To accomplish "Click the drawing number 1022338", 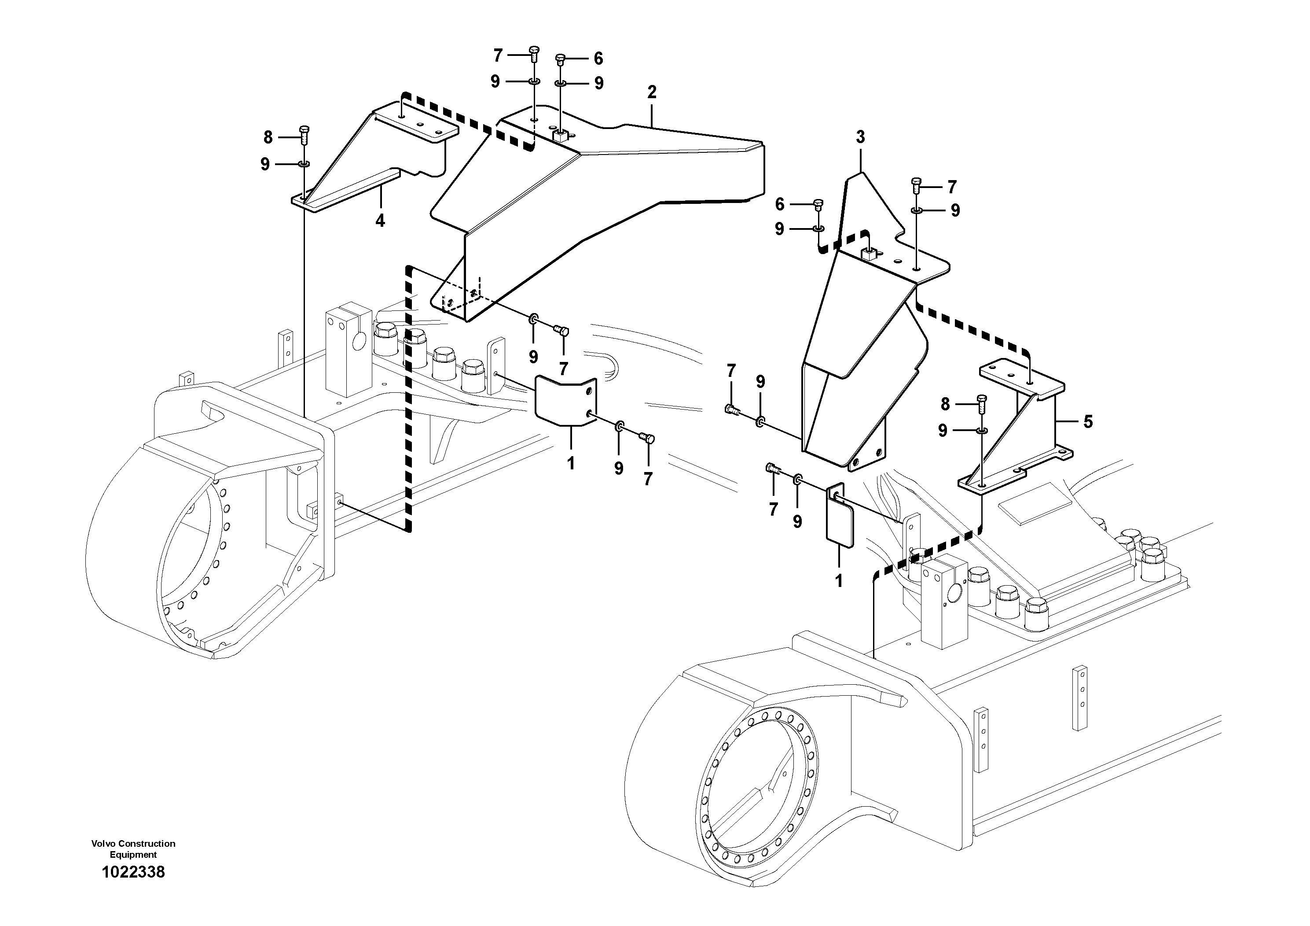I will click(133, 872).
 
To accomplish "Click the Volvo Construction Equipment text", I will click(133, 849).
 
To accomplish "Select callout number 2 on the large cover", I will click(652, 92).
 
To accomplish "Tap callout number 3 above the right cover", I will click(860, 137).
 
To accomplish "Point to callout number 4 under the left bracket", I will click(380, 220).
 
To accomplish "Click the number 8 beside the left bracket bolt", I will click(268, 137).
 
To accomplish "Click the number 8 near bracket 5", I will click(945, 404).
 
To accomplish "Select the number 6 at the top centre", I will click(598, 58).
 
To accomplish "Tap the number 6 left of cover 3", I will click(780, 204).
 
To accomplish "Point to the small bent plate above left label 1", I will click(565, 401).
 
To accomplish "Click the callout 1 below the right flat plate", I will click(838, 581).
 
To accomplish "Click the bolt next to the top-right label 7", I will click(916, 185).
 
